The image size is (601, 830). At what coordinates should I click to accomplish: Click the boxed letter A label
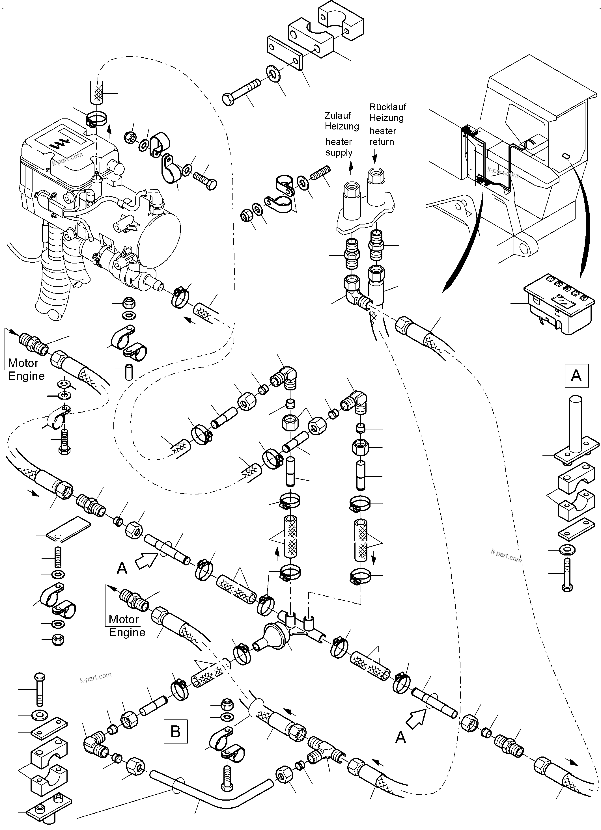[576, 375]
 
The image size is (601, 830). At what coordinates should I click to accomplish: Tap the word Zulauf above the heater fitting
[337, 116]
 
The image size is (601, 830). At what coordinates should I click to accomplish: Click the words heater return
[382, 137]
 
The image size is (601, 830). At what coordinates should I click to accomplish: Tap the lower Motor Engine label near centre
[127, 626]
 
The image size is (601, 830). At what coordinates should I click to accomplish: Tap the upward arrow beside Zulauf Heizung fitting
[351, 167]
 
